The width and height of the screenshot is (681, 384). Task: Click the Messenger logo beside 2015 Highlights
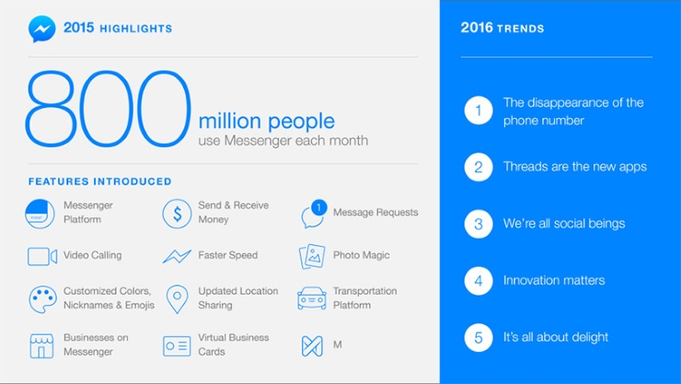coord(41,29)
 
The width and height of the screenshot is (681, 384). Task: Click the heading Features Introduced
coord(99,181)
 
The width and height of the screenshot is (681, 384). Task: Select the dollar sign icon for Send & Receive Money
coord(177,213)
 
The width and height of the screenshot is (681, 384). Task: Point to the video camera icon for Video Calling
coord(41,256)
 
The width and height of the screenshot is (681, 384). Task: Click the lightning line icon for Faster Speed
coord(177,256)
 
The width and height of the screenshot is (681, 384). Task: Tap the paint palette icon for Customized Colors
coord(42,298)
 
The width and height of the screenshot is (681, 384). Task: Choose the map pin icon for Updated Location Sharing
coord(177,298)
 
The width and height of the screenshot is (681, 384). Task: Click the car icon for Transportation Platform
coord(311,298)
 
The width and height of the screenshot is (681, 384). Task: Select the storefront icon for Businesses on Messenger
coord(41,345)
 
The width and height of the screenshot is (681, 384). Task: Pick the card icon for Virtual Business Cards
coord(177,345)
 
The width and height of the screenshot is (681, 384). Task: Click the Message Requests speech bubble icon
coord(313,213)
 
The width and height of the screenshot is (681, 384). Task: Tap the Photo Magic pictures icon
coord(312,256)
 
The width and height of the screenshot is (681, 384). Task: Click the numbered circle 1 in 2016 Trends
coord(479,111)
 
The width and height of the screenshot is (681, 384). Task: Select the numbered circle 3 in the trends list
coord(479,224)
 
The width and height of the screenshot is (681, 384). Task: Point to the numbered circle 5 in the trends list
coord(479,337)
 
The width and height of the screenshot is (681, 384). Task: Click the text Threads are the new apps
coord(574,167)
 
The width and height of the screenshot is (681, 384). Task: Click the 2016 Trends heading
coord(502,29)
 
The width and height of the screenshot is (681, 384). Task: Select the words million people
coord(266,122)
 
